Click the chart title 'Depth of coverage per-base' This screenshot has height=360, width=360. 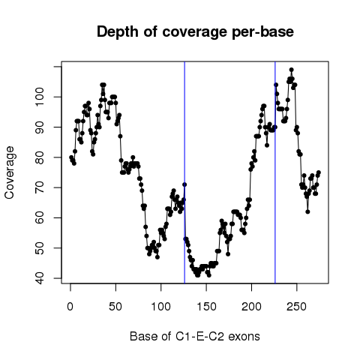point(195,32)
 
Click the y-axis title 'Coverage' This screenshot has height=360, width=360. point(9,172)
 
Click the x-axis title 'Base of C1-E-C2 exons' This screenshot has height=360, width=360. point(195,337)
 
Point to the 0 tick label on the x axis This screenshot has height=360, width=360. point(70,307)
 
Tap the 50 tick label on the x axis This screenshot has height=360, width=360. point(115,307)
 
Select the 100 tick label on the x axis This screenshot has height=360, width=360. point(160,307)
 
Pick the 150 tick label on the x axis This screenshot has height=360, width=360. point(206,307)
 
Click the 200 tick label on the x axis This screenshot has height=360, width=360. point(251,307)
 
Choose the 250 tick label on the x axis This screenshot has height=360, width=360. point(297,307)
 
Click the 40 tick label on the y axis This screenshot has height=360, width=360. point(39,278)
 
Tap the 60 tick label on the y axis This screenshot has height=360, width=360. point(39,217)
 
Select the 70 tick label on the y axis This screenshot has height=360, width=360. point(39,187)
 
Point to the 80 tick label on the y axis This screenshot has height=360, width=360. point(39,157)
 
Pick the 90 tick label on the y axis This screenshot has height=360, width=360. point(39,127)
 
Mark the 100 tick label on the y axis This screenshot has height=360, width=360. point(39,97)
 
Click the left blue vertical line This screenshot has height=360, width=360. point(184,172)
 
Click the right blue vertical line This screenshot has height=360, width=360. point(275,172)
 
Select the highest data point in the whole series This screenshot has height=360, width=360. point(291,70)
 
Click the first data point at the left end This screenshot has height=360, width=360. point(71,157)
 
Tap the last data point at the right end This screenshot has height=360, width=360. point(319,172)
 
